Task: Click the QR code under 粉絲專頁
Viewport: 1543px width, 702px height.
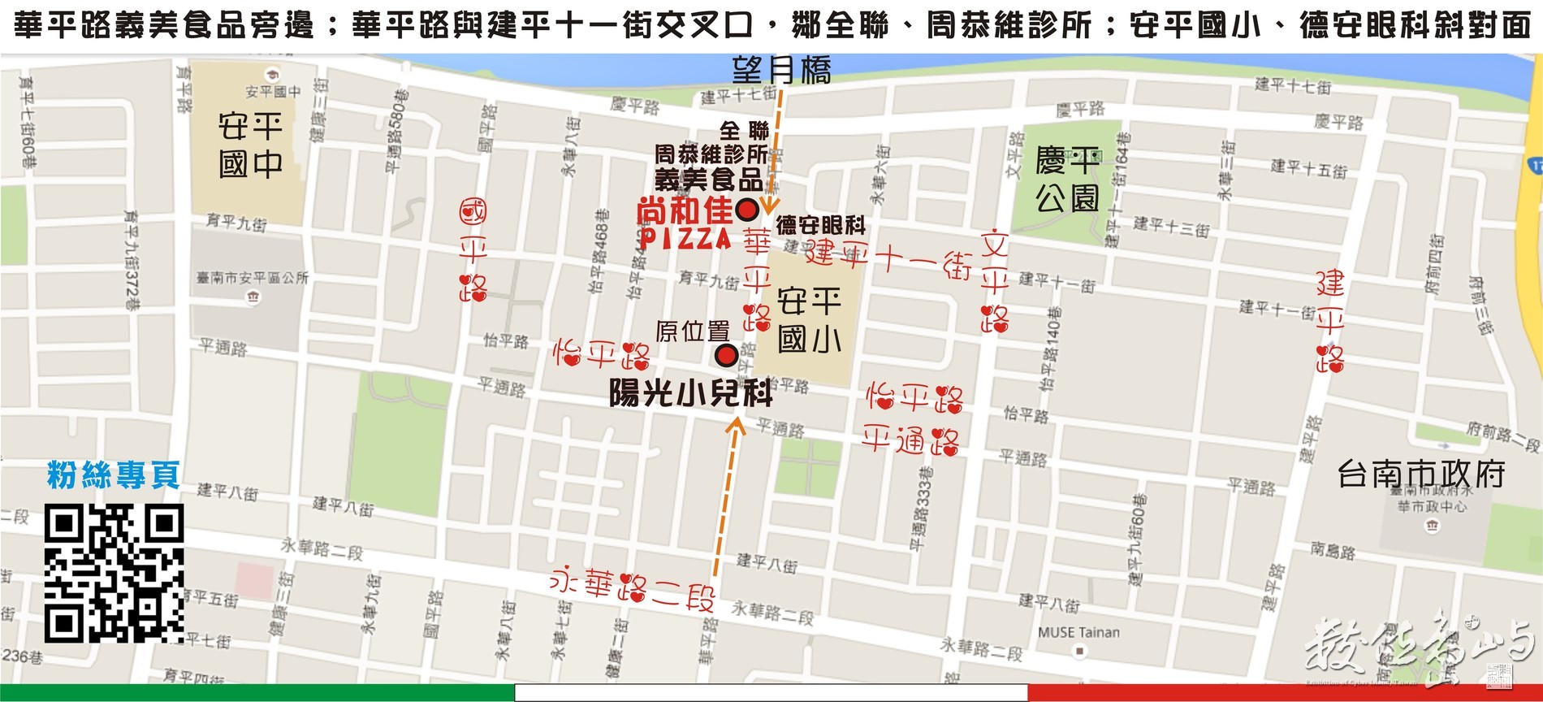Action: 114,572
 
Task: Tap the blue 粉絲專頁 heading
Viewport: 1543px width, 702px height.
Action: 114,475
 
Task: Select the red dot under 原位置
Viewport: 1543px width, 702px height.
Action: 726,355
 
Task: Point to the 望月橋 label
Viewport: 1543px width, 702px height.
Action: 781,71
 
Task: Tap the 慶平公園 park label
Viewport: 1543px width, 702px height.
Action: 1067,179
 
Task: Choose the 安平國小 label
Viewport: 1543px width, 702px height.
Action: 809,320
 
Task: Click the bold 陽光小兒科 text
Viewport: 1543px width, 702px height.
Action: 690,394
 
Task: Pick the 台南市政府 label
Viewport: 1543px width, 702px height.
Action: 1420,474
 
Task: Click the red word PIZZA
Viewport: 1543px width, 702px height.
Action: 686,238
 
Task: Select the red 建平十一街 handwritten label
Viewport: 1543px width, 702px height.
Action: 889,260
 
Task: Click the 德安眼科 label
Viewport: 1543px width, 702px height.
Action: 820,225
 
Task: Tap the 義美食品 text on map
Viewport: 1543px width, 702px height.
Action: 708,180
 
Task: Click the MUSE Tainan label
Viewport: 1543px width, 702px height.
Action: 1078,632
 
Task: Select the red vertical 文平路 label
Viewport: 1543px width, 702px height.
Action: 994,281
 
